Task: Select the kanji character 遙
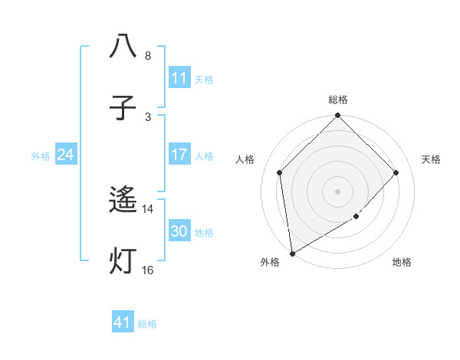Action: (x=123, y=201)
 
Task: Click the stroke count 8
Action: (x=148, y=56)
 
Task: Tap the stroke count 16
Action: (x=148, y=270)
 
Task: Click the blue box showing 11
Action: (x=179, y=77)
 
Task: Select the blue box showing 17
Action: (x=179, y=155)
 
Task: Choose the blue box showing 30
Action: (x=179, y=231)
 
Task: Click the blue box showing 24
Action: (x=65, y=155)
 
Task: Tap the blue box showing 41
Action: (x=123, y=322)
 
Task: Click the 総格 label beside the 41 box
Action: (x=147, y=324)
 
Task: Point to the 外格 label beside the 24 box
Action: (x=41, y=156)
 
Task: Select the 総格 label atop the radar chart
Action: (x=338, y=100)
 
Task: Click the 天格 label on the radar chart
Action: (x=431, y=159)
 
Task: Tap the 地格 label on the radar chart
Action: (x=402, y=263)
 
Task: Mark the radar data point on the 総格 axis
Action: (x=338, y=116)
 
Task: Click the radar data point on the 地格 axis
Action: (x=356, y=217)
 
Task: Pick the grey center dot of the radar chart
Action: (x=338, y=191)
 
